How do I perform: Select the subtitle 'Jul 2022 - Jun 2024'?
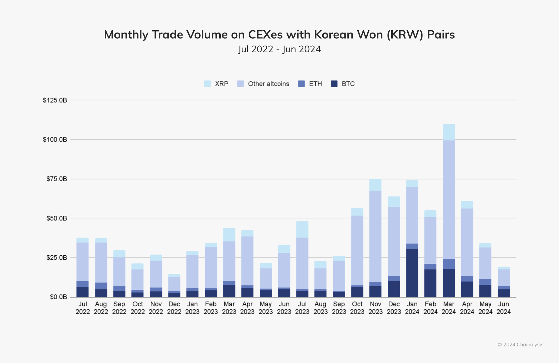[279, 49]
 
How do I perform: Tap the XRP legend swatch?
[208, 84]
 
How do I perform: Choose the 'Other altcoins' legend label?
[268, 84]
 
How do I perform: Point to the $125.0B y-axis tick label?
[55, 100]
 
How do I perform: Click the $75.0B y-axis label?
[57, 179]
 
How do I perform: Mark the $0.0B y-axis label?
[59, 297]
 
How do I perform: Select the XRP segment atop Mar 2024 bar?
[449, 132]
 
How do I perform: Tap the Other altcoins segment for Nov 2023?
[375, 236]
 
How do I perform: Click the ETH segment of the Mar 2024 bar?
[449, 264]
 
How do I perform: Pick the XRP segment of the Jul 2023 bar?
[302, 229]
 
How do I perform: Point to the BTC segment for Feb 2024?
[430, 283]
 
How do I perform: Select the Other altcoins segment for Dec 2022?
[174, 284]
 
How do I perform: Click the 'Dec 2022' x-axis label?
[174, 308]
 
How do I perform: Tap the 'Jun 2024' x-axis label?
[503, 308]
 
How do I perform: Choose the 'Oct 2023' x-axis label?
[357, 308]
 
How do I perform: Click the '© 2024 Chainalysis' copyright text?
[520, 345]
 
